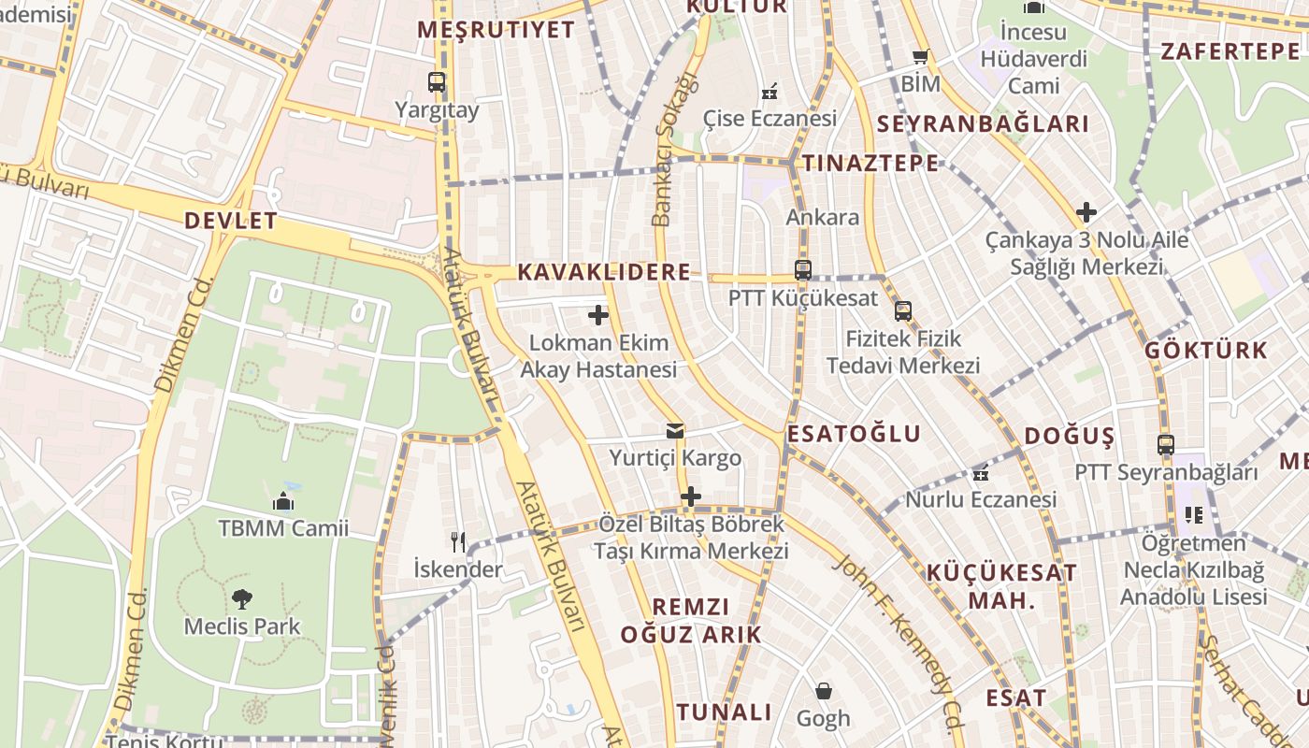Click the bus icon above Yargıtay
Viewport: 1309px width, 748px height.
click(x=437, y=82)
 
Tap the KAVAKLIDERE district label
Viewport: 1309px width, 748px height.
click(x=604, y=272)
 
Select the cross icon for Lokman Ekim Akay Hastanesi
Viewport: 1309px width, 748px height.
click(x=598, y=315)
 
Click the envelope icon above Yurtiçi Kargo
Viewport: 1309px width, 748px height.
click(x=675, y=431)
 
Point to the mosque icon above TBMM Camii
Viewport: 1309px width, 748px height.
click(x=283, y=502)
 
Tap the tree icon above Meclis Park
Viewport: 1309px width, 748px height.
click(x=242, y=598)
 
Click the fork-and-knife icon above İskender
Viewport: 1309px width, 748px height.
click(x=458, y=541)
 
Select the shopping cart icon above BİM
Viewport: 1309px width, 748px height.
click(x=921, y=58)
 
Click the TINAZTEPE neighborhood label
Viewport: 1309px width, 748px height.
click(x=870, y=163)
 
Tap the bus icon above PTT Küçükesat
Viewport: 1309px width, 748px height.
click(x=802, y=270)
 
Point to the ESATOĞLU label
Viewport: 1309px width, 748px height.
click(x=854, y=434)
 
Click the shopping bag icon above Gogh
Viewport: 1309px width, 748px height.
click(x=824, y=691)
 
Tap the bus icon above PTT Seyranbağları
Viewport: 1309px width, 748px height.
click(x=1165, y=445)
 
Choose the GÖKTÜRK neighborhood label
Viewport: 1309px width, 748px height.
click(x=1206, y=351)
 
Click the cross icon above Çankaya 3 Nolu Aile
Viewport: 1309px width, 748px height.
click(x=1086, y=212)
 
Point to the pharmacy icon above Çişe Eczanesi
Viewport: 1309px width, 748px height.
click(x=770, y=92)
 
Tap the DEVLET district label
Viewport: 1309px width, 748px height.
click(x=231, y=222)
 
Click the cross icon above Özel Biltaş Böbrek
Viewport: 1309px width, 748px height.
click(x=691, y=496)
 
